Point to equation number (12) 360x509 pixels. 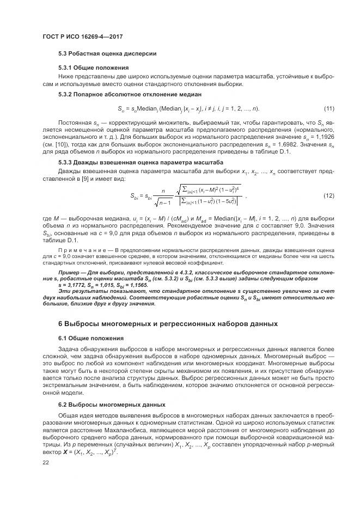(329, 195)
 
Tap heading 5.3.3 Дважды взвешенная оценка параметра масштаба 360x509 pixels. (141, 162)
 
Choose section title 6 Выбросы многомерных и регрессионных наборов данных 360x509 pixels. (168, 324)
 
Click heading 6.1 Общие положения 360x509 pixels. (92, 338)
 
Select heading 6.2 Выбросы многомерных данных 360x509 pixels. (112, 405)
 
